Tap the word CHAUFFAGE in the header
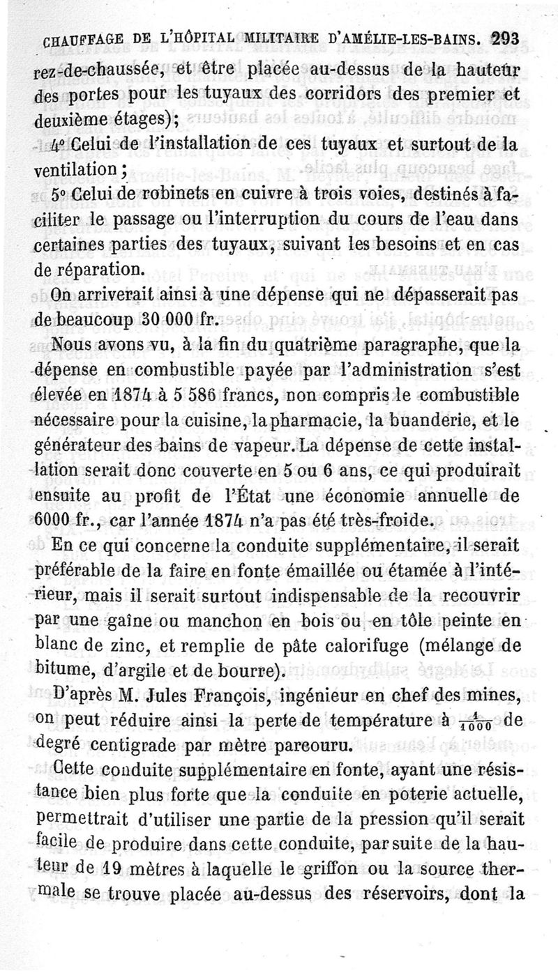[79, 41]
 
